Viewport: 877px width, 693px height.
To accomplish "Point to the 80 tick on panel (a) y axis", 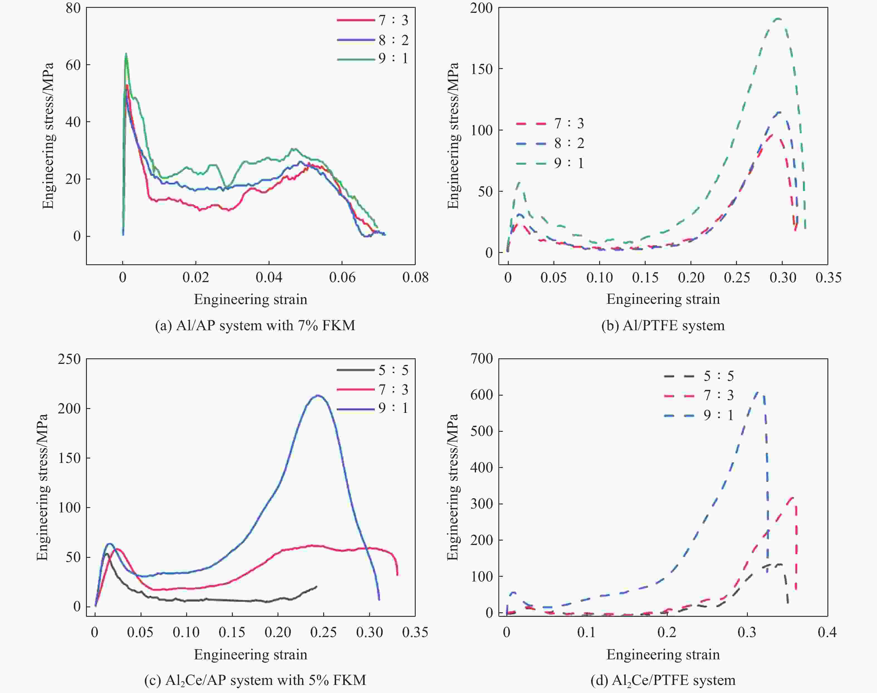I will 73,8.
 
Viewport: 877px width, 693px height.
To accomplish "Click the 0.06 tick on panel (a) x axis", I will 342,278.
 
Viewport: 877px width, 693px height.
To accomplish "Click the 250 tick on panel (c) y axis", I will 69,359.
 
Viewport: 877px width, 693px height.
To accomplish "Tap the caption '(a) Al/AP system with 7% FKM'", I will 255,325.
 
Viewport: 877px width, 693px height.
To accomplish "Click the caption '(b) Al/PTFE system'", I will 663,325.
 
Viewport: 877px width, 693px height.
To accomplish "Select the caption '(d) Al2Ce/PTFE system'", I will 663,680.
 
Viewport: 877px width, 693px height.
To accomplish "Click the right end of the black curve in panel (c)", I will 316,586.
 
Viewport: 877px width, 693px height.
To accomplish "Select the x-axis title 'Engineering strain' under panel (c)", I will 251,654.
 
